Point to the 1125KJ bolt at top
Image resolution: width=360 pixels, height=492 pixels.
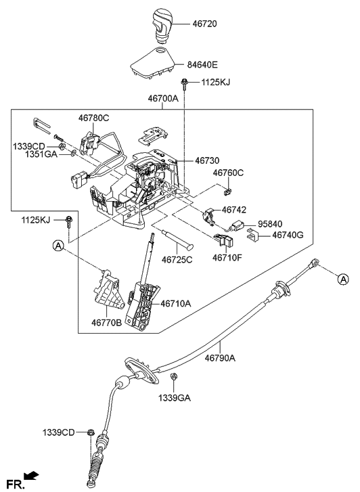point(184,85)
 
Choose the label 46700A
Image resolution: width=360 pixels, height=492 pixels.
point(163,99)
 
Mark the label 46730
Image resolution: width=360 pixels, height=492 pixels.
point(209,161)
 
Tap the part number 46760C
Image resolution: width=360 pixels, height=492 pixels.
point(228,173)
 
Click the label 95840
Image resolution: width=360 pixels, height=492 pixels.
point(271,223)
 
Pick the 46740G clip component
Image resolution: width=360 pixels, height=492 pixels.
point(252,236)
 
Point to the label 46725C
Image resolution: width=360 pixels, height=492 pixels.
point(177,259)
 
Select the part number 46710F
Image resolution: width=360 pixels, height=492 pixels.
point(227,258)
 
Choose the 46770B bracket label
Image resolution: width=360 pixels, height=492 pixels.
point(107,323)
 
